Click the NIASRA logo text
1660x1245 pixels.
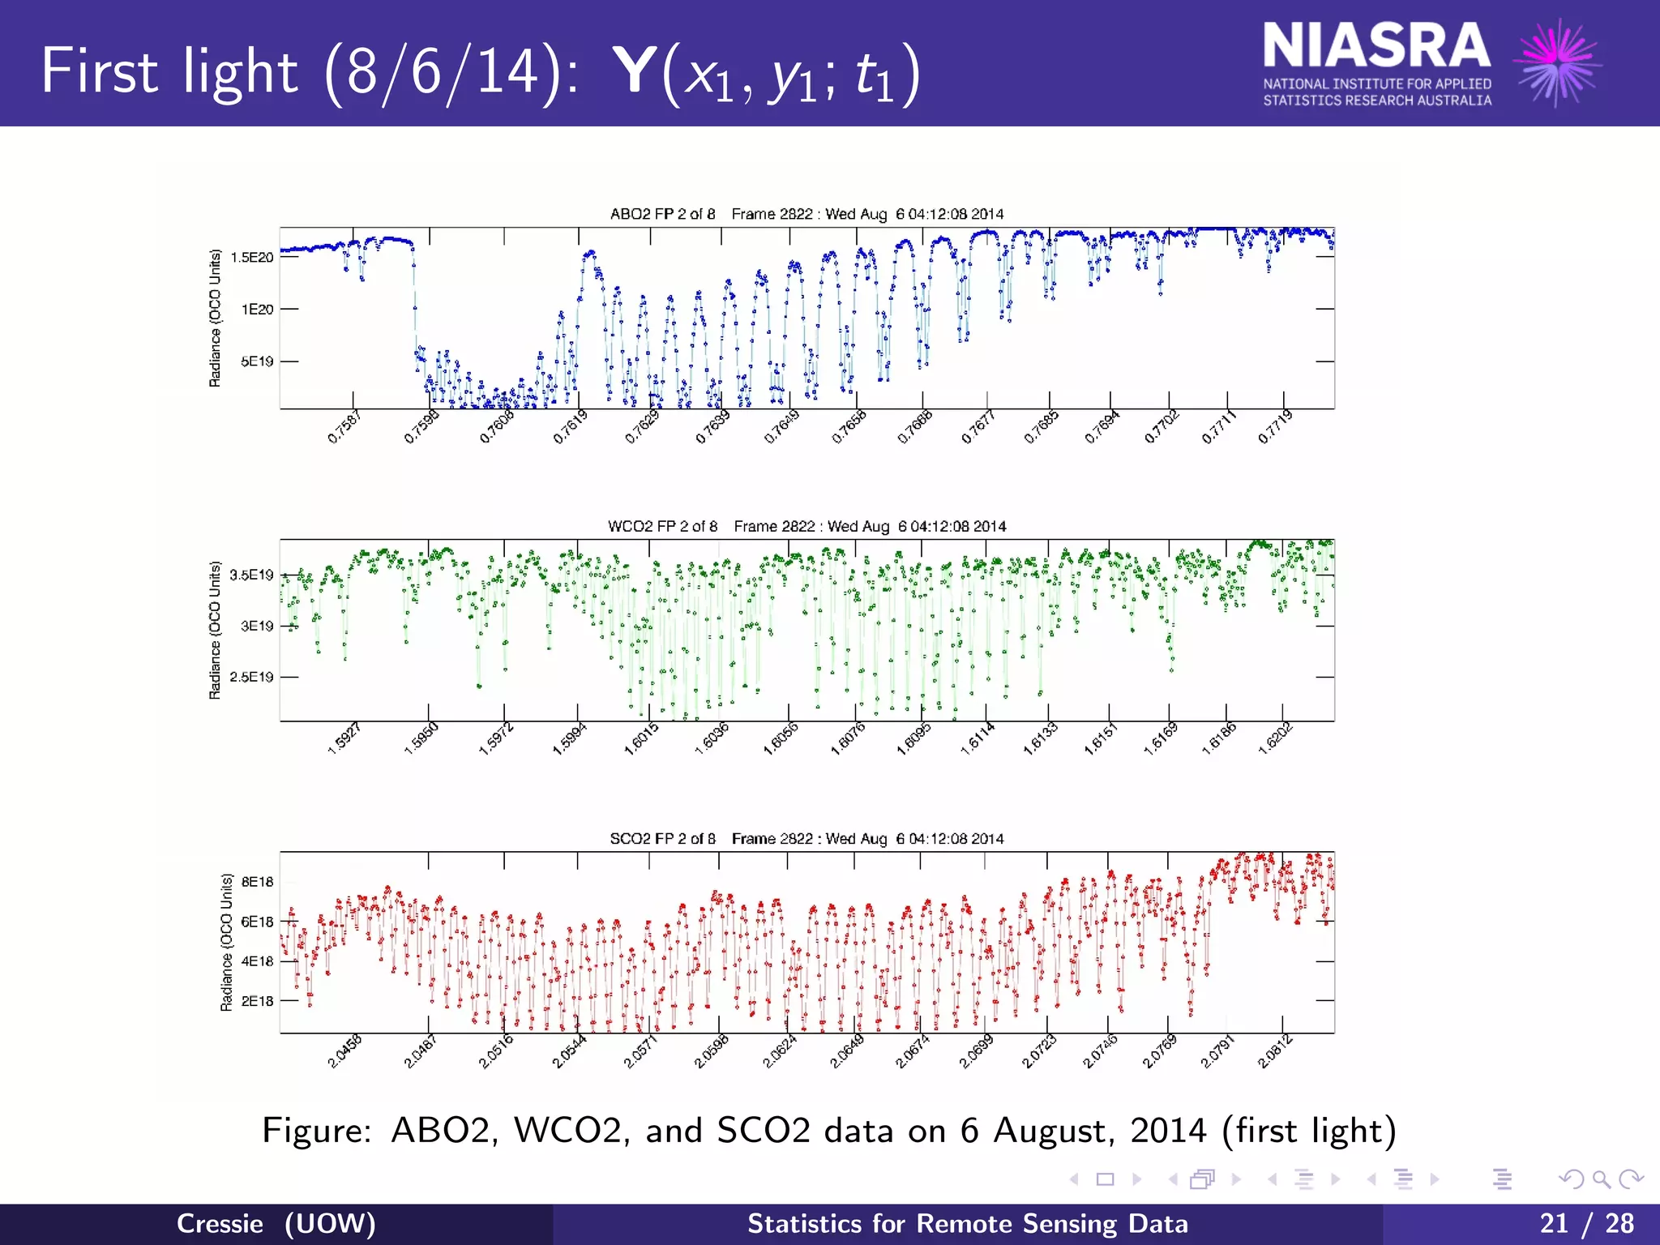pyautogui.click(x=1375, y=47)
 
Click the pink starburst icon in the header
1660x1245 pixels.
pyautogui.click(x=1559, y=63)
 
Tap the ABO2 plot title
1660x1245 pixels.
pyautogui.click(x=806, y=214)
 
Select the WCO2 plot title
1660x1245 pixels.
pyautogui.click(x=806, y=526)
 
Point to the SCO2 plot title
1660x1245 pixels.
pyautogui.click(x=806, y=838)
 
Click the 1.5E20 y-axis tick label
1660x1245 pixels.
pyautogui.click(x=252, y=258)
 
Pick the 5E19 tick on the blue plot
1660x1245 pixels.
pyautogui.click(x=257, y=362)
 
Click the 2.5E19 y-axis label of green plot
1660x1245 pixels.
pyautogui.click(x=252, y=677)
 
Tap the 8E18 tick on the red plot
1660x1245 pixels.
pyautogui.click(x=257, y=882)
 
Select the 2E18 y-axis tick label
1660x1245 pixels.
pyautogui.click(x=257, y=1001)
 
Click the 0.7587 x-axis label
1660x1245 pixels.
pyautogui.click(x=344, y=427)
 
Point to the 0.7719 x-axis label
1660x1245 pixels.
pyautogui.click(x=1275, y=427)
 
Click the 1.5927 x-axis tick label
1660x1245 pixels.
pyautogui.click(x=344, y=738)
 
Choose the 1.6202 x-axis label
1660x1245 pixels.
pyautogui.click(x=1275, y=738)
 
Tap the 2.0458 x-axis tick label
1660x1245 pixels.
pyautogui.click(x=344, y=1051)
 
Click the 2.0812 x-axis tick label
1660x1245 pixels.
pyautogui.click(x=1275, y=1051)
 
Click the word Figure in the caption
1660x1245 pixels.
pyautogui.click(x=316, y=1131)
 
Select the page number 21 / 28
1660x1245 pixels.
pyautogui.click(x=1586, y=1223)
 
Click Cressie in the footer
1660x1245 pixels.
pyautogui.click(x=220, y=1223)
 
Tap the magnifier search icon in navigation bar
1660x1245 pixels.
pyautogui.click(x=1601, y=1179)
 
